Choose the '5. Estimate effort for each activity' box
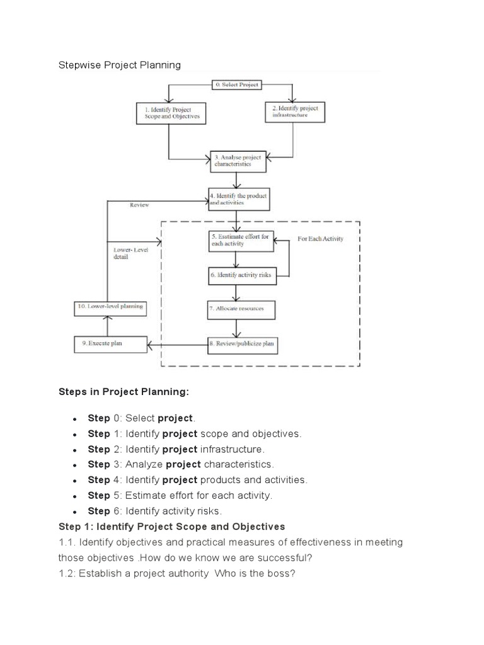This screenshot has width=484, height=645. [x=236, y=240]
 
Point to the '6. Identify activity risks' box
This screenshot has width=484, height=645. [x=236, y=275]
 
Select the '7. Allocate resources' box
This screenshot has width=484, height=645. [x=236, y=309]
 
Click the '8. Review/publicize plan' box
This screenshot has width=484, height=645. [x=242, y=344]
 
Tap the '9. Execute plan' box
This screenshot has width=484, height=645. [x=110, y=344]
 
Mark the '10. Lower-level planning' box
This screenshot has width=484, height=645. [x=111, y=307]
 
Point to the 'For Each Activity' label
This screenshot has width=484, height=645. [x=320, y=239]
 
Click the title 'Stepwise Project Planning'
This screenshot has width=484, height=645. [x=120, y=65]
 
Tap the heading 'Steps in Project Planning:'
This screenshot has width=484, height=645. [x=124, y=392]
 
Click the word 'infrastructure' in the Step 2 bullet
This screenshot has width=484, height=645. [x=232, y=449]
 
